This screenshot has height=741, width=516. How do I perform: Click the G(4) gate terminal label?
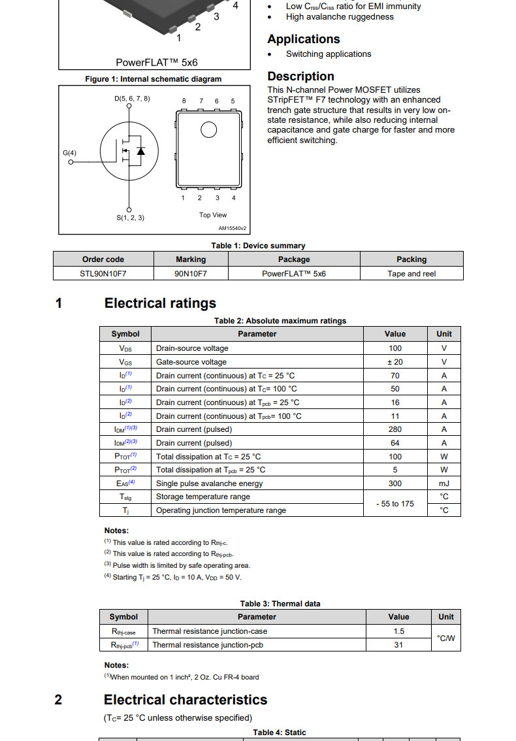[69, 153]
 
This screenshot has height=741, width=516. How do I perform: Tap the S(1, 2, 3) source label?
[130, 218]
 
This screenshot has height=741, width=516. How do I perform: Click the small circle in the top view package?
[208, 130]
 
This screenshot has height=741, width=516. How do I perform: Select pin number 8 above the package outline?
[184, 101]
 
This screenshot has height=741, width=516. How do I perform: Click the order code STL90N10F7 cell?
[103, 274]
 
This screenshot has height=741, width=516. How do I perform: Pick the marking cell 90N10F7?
[191, 274]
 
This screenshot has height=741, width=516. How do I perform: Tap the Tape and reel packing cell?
[411, 274]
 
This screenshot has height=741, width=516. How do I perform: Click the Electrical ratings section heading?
[160, 303]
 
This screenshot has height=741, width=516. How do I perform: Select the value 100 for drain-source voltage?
[395, 348]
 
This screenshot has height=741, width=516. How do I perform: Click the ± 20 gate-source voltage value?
[395, 362]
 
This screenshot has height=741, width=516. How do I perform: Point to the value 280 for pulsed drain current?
[395, 429]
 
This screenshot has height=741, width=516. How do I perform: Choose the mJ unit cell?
[444, 484]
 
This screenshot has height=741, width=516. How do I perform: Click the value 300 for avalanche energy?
[395, 484]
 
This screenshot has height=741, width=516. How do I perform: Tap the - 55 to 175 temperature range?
[395, 504]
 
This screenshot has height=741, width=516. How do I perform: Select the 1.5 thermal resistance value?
[398, 631]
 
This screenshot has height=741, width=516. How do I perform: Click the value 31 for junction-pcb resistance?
[398, 645]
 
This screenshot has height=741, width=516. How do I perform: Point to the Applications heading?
[303, 39]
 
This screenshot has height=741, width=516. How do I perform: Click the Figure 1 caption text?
[153, 79]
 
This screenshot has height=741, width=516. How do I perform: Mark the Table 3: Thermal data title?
[280, 604]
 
